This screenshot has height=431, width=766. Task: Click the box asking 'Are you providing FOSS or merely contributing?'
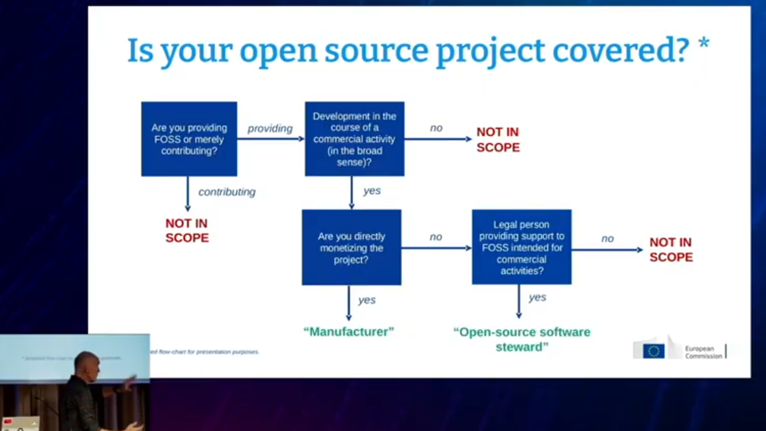pyautogui.click(x=189, y=139)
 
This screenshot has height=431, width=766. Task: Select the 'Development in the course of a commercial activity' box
pyautogui.click(x=354, y=139)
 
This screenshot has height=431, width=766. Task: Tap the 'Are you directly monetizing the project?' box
pyautogui.click(x=351, y=247)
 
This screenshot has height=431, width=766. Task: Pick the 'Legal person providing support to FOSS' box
pyautogui.click(x=522, y=247)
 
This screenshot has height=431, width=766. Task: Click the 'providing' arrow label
pyautogui.click(x=270, y=128)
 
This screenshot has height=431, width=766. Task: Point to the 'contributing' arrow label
pyautogui.click(x=227, y=192)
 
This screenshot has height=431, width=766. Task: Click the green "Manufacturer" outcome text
pyautogui.click(x=349, y=331)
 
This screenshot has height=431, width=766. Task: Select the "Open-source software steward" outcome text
pyautogui.click(x=522, y=339)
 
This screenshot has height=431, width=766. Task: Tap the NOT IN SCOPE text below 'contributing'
pyautogui.click(x=187, y=230)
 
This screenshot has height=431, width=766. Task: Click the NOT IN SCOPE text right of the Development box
pyautogui.click(x=497, y=139)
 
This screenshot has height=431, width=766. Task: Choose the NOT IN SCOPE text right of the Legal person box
pyautogui.click(x=671, y=250)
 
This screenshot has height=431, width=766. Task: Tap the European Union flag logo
pyautogui.click(x=654, y=351)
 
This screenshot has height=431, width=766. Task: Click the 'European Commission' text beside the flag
pyautogui.click(x=703, y=352)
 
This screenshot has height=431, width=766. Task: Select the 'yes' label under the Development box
pyautogui.click(x=372, y=191)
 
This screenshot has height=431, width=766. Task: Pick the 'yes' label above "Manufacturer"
pyautogui.click(x=366, y=300)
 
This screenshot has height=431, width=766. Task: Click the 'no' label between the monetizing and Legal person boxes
pyautogui.click(x=436, y=237)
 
